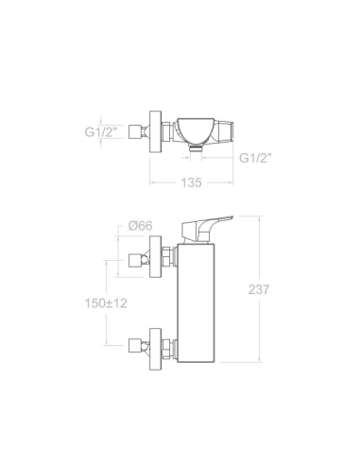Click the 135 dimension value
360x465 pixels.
click(x=191, y=182)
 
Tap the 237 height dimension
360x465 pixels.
click(x=259, y=289)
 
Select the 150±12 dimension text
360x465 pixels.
click(x=106, y=303)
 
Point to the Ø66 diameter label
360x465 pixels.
click(x=140, y=226)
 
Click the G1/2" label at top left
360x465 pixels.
click(x=101, y=131)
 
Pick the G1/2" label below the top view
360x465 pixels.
click(x=255, y=158)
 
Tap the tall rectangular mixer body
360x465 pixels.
click(x=197, y=302)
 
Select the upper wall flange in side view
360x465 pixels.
click(x=155, y=256)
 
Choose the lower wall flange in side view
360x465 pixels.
click(x=155, y=349)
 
